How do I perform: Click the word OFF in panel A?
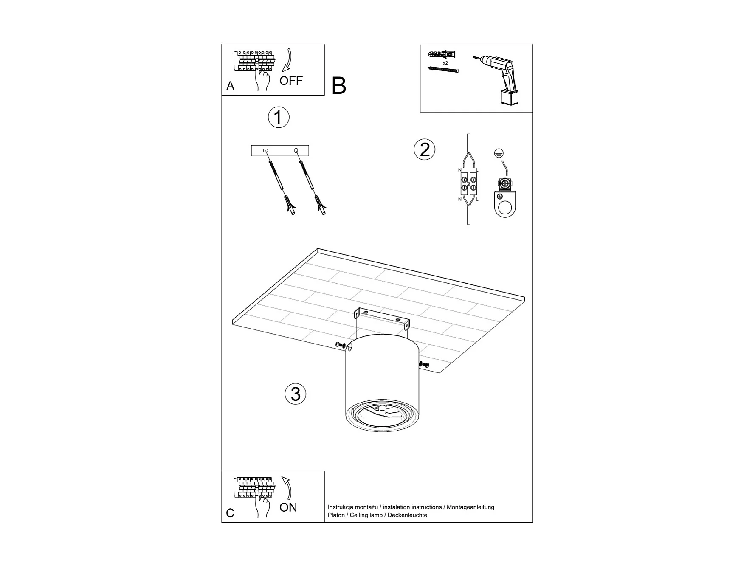tap(291, 81)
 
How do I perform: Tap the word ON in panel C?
tap(288, 507)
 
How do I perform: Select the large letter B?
tap(339, 86)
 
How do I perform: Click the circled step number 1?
tap(279, 117)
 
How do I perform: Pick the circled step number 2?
tap(425, 149)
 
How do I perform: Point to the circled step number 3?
tap(296, 394)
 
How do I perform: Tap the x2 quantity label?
tap(445, 63)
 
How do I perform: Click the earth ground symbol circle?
tap(499, 153)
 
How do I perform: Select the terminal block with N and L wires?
tap(468, 182)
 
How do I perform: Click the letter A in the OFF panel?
tap(231, 86)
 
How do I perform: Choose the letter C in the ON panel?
tap(230, 513)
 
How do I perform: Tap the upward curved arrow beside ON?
tap(288, 488)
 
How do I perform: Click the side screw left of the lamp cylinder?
tap(341, 345)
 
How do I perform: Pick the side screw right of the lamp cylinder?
tap(424, 364)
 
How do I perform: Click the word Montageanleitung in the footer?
tap(470, 507)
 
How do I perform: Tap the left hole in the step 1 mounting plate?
tap(266, 151)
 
